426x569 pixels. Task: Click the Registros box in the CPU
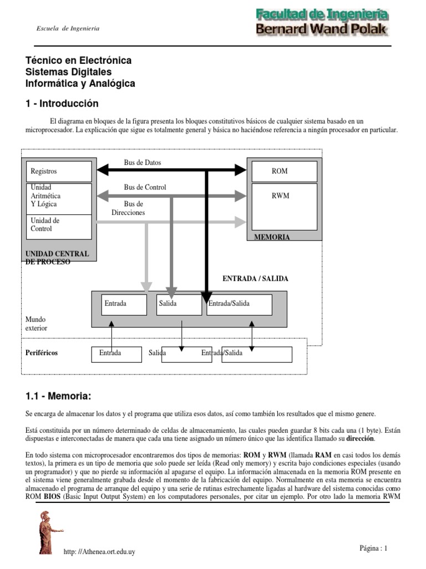(x=59, y=172)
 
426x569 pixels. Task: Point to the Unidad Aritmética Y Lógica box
(x=59, y=198)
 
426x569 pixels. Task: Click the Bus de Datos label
(x=143, y=163)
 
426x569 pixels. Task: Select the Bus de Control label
(x=145, y=187)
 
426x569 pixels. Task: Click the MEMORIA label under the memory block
(x=272, y=237)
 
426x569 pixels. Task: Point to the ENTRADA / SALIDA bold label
(x=255, y=279)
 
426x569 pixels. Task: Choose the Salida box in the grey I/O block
(x=179, y=305)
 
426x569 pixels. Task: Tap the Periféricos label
(x=42, y=353)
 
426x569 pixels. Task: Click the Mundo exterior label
(x=37, y=324)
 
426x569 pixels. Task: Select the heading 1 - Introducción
(x=62, y=104)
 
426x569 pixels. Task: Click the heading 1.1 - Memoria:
(x=58, y=396)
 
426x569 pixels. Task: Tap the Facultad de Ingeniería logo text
(x=322, y=15)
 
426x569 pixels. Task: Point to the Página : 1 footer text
(x=373, y=548)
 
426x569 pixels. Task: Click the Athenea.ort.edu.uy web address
(x=100, y=552)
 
